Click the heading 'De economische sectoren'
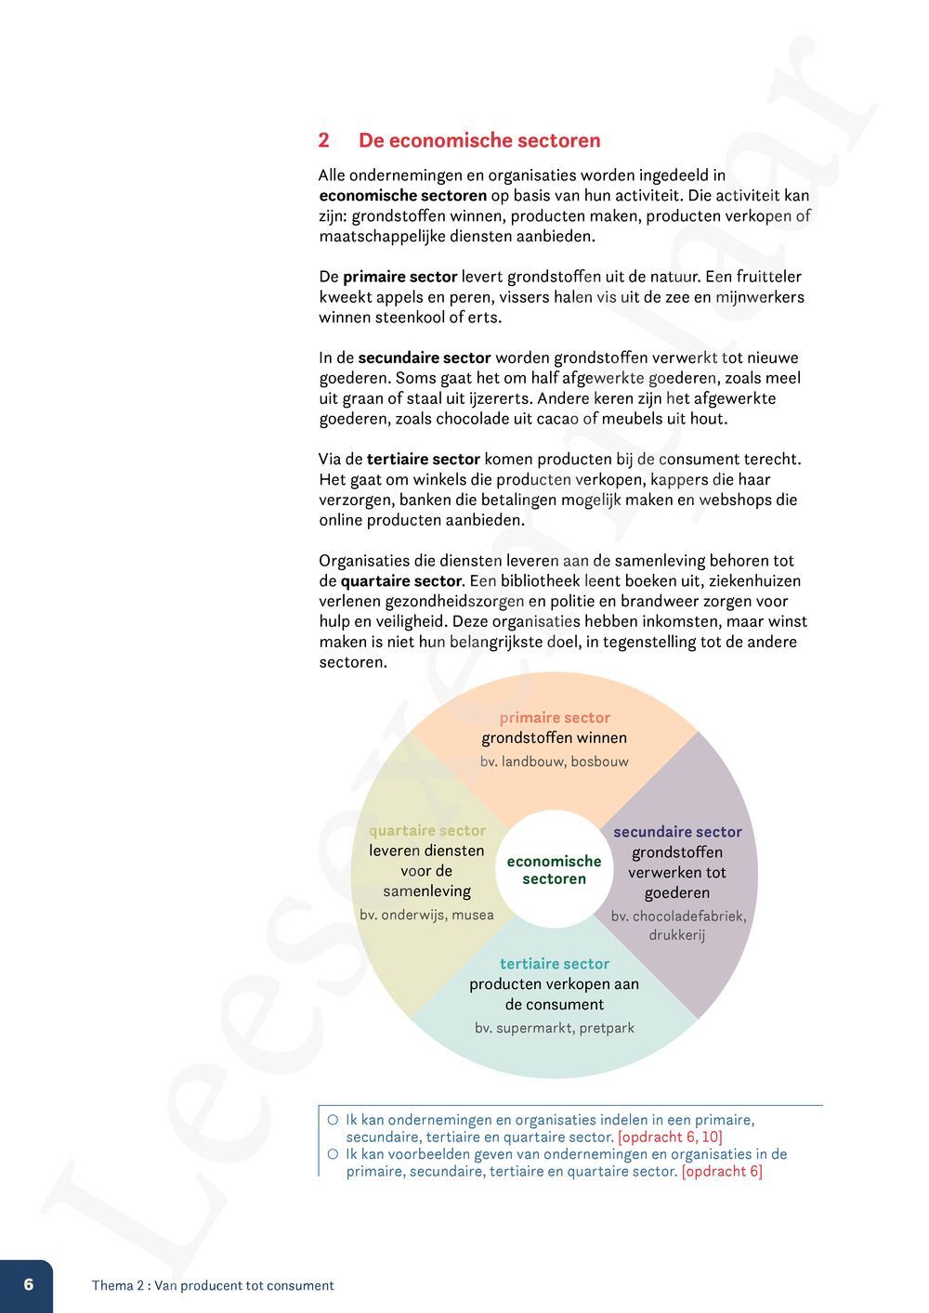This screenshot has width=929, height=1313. (x=479, y=140)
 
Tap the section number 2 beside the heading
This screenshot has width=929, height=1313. (x=323, y=140)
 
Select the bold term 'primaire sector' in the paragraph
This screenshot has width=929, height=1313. (x=399, y=277)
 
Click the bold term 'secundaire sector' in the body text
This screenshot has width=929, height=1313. (x=424, y=357)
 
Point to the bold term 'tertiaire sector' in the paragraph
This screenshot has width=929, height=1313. (x=423, y=459)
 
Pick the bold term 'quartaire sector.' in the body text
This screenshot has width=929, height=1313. (x=402, y=581)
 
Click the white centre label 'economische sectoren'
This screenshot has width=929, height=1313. (x=554, y=870)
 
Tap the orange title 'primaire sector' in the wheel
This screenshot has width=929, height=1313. (x=555, y=718)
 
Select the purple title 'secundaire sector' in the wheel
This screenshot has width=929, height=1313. (x=677, y=832)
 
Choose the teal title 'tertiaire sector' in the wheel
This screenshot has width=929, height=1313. (x=555, y=964)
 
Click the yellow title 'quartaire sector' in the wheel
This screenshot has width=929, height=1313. (x=427, y=831)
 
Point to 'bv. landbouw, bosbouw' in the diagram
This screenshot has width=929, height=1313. (x=555, y=761)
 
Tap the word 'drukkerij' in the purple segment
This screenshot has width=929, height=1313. (x=677, y=935)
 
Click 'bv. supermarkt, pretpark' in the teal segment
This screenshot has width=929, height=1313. (x=555, y=1028)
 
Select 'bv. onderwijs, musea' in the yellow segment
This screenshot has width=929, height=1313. (x=427, y=916)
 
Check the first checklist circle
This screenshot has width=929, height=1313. (x=333, y=1120)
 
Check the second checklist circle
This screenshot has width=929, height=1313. (x=333, y=1154)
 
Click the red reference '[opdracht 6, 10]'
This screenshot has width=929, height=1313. (x=670, y=1137)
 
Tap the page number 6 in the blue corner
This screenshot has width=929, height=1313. (x=28, y=1284)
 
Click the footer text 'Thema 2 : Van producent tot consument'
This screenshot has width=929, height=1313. (x=213, y=1286)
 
